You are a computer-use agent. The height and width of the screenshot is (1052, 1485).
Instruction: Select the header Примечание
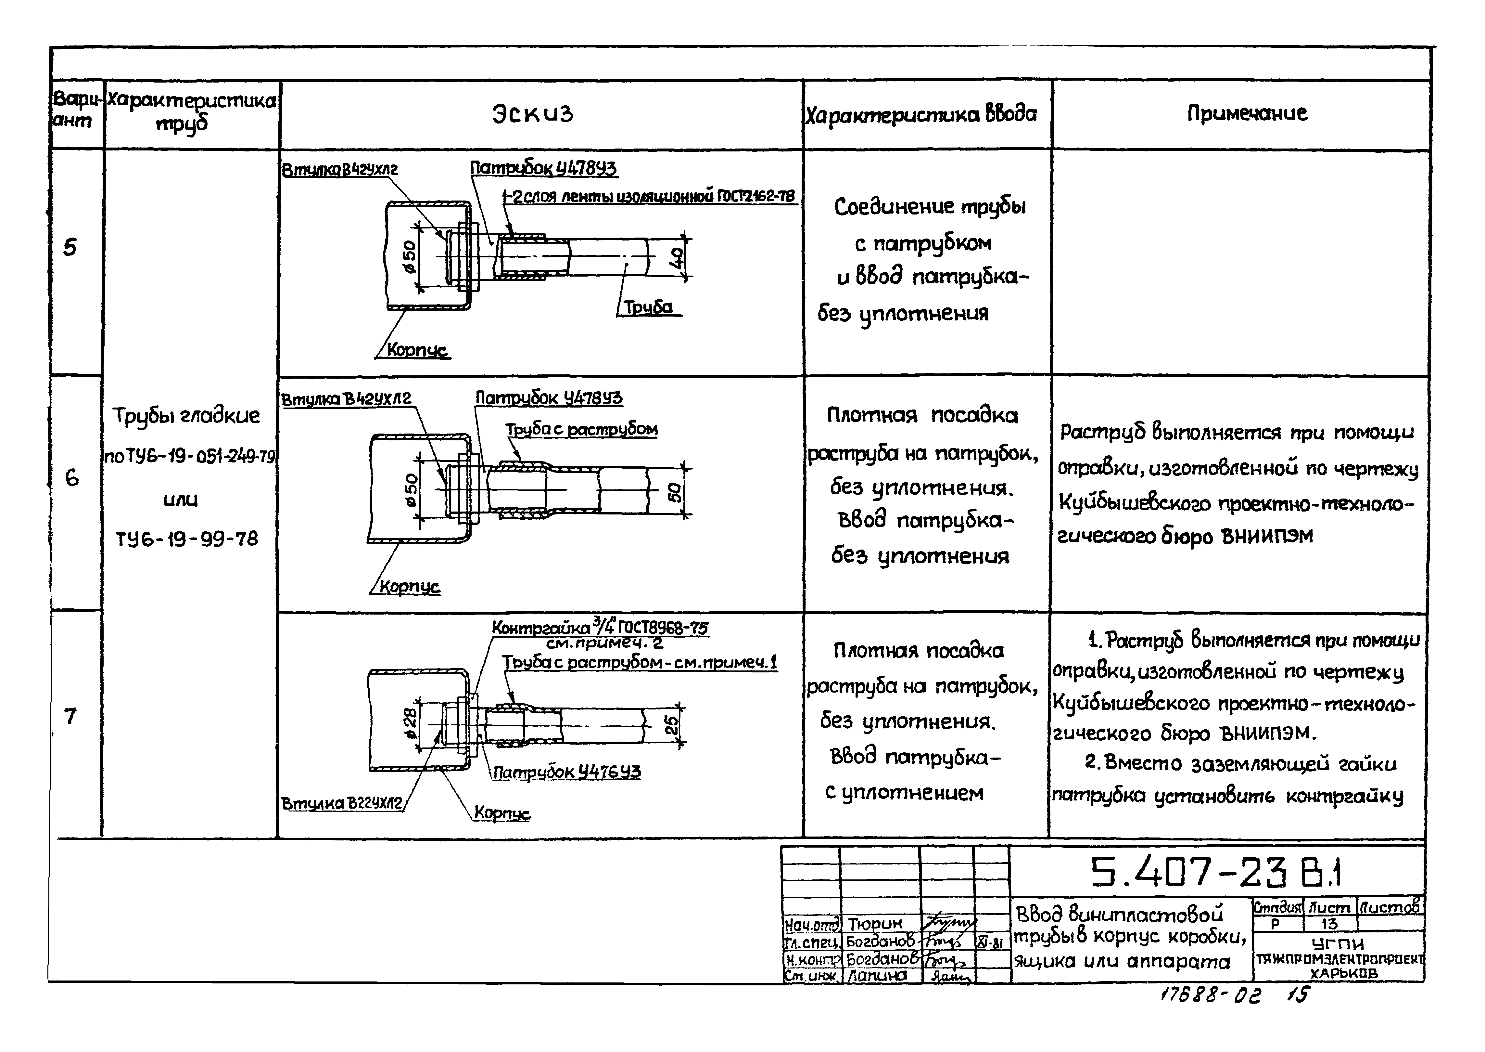1247,113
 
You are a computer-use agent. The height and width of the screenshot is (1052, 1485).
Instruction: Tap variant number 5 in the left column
70,247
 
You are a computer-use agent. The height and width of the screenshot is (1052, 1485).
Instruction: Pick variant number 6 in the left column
72,478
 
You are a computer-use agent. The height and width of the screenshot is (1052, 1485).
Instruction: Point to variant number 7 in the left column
70,716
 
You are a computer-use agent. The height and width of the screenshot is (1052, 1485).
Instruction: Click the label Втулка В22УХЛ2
342,803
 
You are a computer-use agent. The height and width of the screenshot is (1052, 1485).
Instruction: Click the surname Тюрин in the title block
875,923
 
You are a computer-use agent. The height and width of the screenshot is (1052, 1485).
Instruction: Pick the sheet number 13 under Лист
1328,924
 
